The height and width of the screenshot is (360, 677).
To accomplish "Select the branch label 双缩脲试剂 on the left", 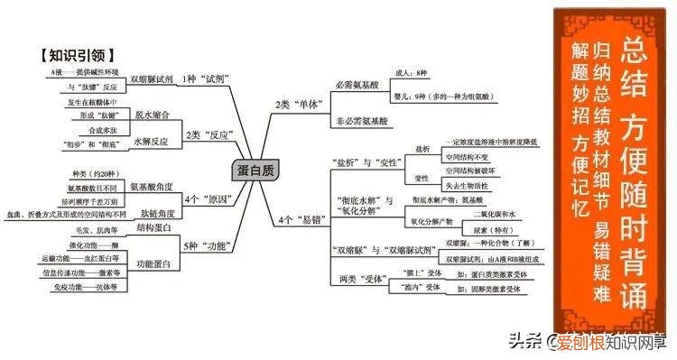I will [151, 78].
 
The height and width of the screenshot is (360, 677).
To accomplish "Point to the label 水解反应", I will [152, 142].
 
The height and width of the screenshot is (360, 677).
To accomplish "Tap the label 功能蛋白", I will [153, 263].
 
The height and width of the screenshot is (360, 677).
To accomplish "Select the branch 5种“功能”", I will [203, 245].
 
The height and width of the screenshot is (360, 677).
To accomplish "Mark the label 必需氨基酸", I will [357, 84].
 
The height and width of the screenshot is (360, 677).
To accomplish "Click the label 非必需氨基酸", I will [360, 120].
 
